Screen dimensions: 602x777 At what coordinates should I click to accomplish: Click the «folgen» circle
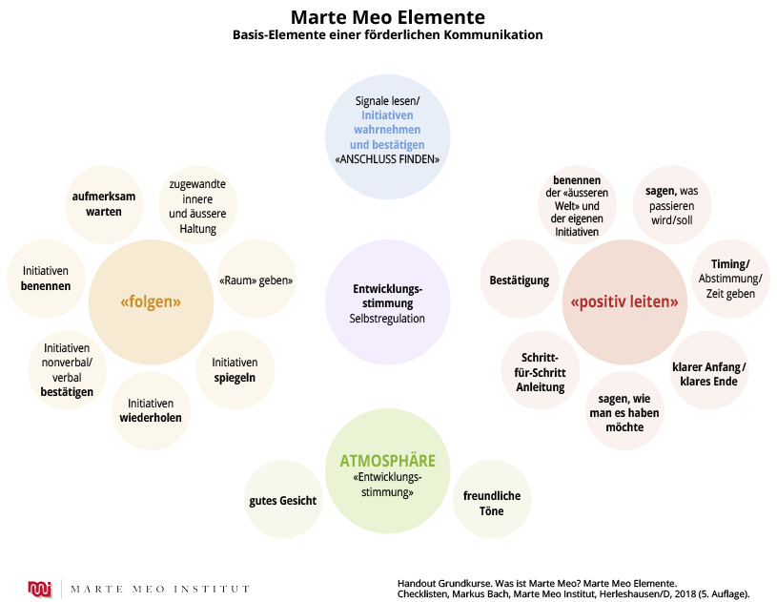click(151, 301)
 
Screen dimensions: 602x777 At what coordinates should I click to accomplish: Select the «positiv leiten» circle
click(624, 301)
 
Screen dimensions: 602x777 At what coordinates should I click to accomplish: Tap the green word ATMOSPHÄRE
click(387, 462)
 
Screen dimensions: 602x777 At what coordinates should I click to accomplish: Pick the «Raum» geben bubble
click(255, 280)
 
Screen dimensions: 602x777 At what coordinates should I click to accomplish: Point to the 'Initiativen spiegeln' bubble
click(235, 369)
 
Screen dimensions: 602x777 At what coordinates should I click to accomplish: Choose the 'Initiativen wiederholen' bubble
click(151, 410)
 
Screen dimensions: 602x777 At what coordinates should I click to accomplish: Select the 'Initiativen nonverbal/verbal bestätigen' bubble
click(68, 369)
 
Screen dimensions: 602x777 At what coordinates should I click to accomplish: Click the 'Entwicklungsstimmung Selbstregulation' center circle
click(387, 303)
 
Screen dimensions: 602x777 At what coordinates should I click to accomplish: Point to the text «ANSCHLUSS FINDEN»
click(387, 159)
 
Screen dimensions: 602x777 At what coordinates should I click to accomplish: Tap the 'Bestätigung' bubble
click(520, 280)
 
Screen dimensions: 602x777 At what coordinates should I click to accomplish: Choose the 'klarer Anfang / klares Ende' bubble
click(708, 374)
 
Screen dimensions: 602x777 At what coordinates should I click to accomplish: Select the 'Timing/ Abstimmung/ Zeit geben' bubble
click(730, 279)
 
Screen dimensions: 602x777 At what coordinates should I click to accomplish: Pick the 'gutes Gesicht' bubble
click(283, 500)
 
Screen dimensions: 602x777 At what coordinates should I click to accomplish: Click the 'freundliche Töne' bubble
click(492, 504)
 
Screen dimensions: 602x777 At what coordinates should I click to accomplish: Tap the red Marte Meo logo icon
click(40, 588)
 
